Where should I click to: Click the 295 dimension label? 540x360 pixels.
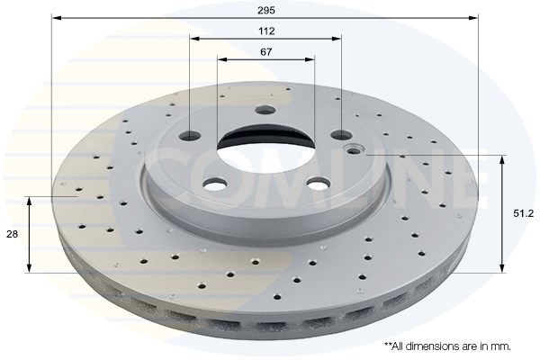pos(266,10)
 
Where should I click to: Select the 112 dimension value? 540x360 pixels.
pos(266,31)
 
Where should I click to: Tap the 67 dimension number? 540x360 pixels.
pos(266,52)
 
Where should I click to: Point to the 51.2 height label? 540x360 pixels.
pos(523,213)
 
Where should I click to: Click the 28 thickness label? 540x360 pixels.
pos(12,234)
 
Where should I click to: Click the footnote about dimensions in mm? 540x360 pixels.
pos(447,346)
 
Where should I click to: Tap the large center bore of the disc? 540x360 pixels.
pos(265,148)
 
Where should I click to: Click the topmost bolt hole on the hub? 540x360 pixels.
pos(265,110)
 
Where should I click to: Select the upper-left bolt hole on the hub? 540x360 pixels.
pos(190,136)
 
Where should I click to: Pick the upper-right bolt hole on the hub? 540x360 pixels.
pos(341,135)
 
